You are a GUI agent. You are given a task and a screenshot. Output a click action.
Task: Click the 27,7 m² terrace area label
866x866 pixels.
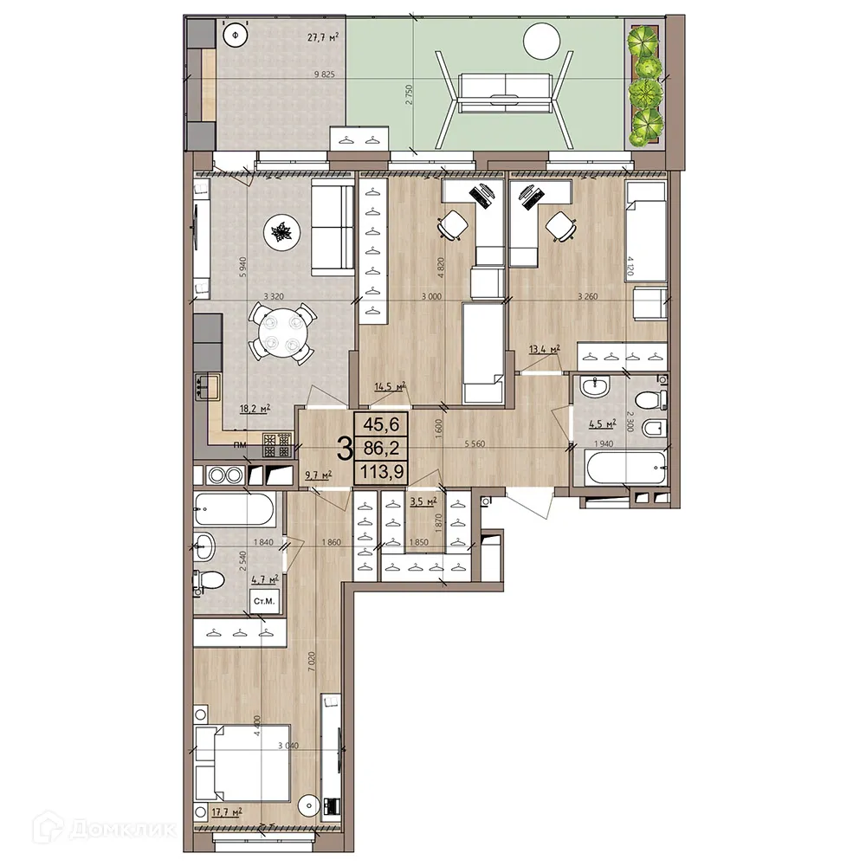tap(299, 36)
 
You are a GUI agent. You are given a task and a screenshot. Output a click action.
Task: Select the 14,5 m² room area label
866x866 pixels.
tap(390, 387)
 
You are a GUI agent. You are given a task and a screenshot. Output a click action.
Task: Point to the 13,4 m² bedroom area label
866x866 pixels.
tap(544, 349)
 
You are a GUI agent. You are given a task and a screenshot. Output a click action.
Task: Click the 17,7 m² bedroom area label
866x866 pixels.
tap(223, 811)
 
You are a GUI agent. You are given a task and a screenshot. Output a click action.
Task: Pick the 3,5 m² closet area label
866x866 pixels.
tap(422, 501)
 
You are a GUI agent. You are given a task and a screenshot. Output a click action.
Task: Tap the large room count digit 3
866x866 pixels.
tap(344, 449)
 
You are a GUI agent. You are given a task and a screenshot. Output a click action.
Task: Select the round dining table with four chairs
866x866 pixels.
tap(279, 332)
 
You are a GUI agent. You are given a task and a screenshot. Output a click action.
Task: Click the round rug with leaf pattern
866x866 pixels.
tap(281, 232)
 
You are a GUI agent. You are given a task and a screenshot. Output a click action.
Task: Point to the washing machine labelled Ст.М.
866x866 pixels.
tap(263, 600)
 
